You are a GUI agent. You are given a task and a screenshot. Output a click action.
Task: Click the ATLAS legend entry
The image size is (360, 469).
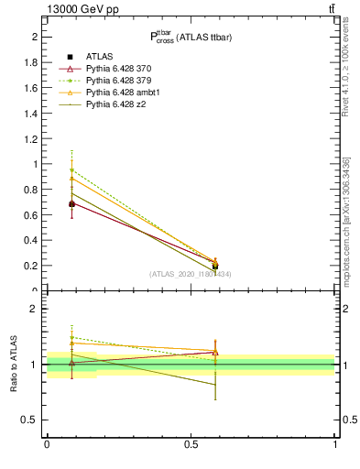[x=101, y=56]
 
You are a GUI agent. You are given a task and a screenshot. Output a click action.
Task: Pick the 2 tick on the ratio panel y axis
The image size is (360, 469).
[x=37, y=309]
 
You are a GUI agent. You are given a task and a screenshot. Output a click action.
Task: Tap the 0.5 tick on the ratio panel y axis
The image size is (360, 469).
[x=33, y=420]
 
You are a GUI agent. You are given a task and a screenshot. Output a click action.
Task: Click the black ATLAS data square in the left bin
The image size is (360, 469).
[x=72, y=204]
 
